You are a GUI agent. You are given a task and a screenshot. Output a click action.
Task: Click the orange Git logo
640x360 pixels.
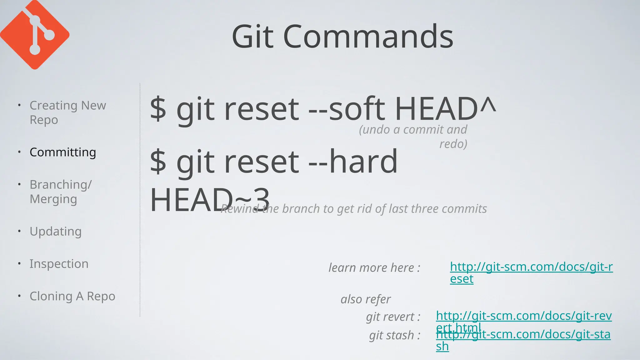pyautogui.click(x=34, y=34)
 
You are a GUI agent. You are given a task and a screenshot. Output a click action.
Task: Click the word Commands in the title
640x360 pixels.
pyautogui.click(x=368, y=37)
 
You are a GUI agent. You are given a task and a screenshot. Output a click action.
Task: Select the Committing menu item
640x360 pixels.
pyautogui.click(x=63, y=152)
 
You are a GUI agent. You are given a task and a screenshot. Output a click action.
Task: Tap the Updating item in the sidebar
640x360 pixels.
pyautogui.click(x=56, y=232)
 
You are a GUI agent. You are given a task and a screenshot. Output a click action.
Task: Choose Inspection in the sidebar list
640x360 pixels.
pyautogui.click(x=59, y=264)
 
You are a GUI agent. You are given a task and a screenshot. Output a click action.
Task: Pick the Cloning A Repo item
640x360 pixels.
pyautogui.click(x=72, y=296)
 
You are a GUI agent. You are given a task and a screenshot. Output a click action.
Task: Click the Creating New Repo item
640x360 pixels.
pyautogui.click(x=67, y=112)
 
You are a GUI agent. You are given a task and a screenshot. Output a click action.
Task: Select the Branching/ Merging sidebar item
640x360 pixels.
pyautogui.click(x=61, y=192)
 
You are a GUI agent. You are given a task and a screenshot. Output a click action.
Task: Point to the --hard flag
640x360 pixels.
pyautogui.click(x=353, y=162)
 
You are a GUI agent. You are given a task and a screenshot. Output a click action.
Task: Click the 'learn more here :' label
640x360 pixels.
pyautogui.click(x=374, y=268)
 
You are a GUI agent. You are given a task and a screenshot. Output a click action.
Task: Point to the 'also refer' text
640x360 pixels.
pyautogui.click(x=365, y=299)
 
